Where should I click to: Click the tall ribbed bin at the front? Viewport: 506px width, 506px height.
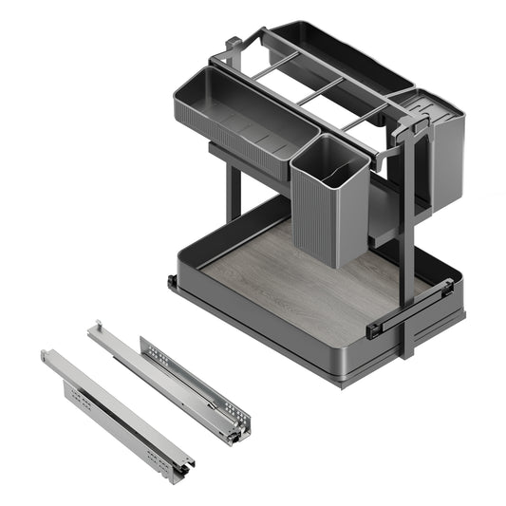[x=328, y=204]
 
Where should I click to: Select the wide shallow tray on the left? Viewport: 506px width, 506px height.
[x=233, y=114]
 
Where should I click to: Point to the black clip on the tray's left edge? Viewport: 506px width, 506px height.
[x=172, y=283]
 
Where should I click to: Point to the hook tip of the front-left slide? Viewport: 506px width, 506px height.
[x=47, y=355]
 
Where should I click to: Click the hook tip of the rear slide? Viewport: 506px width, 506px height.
[x=94, y=327]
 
